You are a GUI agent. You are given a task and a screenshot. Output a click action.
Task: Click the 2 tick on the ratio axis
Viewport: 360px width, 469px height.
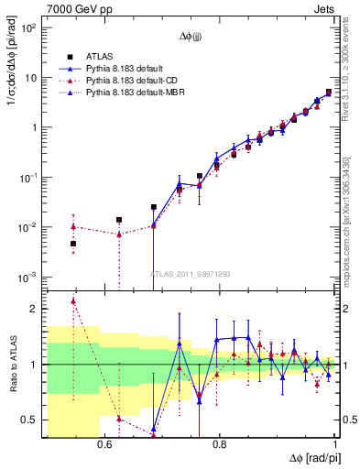click(37, 309)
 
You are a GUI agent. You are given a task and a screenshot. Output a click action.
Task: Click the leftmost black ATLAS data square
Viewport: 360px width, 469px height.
click(73, 244)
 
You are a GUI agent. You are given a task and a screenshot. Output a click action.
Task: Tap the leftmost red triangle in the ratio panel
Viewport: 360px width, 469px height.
click(73, 300)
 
